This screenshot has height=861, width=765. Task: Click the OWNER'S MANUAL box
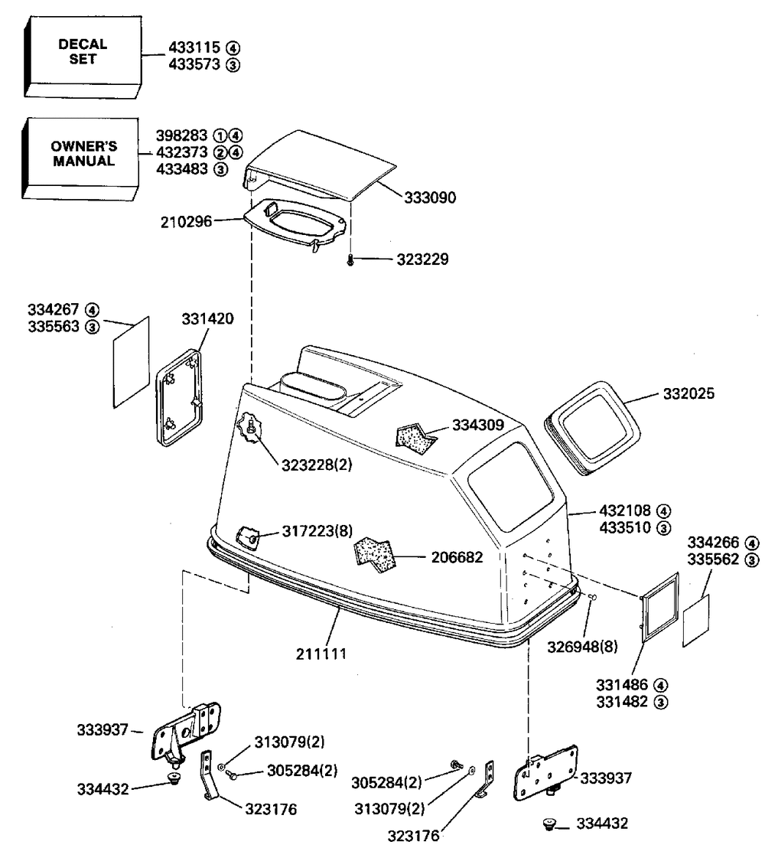pos(83,154)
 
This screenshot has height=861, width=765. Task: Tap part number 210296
pos(187,223)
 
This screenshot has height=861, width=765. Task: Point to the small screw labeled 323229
pos(350,260)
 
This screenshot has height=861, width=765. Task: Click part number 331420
pos(207,318)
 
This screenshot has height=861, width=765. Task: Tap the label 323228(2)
pos(317,464)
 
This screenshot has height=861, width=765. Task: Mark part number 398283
pos(183,135)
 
